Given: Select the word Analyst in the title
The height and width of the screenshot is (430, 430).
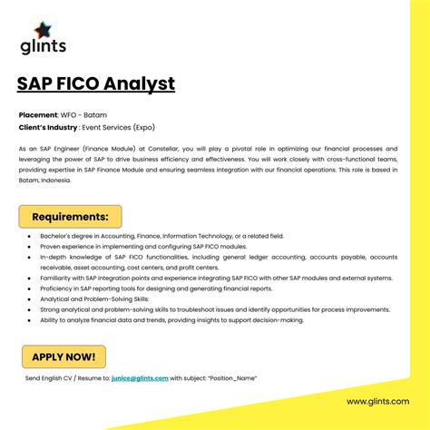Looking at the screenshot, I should coord(142,84).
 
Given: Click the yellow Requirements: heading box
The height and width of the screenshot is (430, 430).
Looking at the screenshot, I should coord(70,217).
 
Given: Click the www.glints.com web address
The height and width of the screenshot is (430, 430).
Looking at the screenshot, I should coord(377,401).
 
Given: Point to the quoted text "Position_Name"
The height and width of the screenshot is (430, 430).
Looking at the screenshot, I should coord(232,377).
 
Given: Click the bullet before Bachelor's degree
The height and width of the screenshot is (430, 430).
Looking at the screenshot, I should coord(30,236).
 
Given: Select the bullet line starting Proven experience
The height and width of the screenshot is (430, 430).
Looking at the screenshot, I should coord(136,246).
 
